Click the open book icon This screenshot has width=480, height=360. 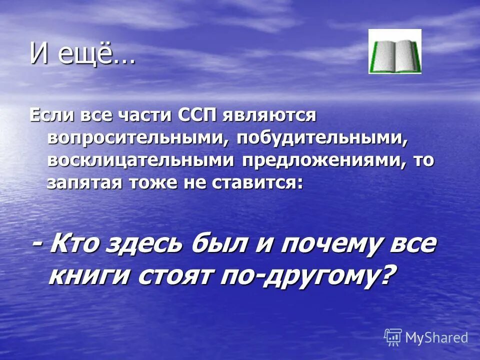(x=395, y=51)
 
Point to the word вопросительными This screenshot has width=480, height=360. (x=133, y=138)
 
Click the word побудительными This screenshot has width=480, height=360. (x=322, y=138)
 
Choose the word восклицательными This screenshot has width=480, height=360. (x=141, y=161)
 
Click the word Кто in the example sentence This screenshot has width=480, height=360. (x=77, y=245)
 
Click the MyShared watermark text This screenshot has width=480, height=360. (x=436, y=337)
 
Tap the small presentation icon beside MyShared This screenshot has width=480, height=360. (x=393, y=337)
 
